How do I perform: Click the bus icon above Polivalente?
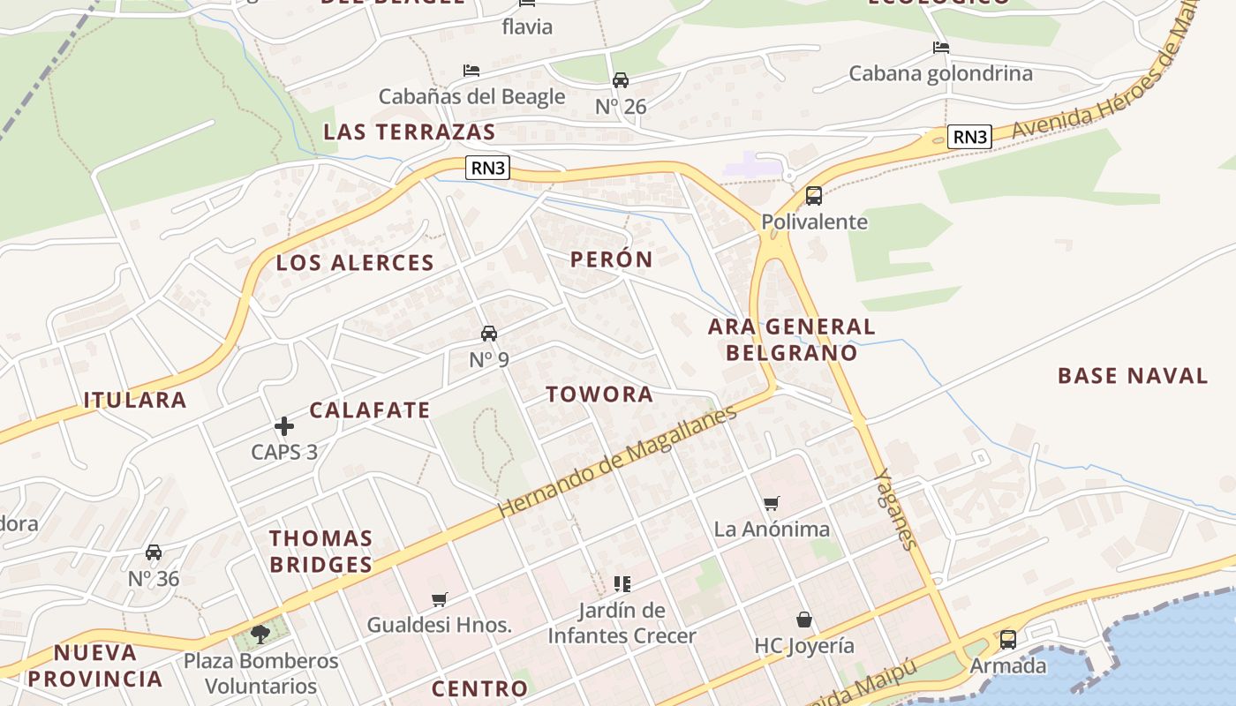(813, 196)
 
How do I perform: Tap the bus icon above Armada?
(1007, 640)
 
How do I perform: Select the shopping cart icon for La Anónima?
(772, 504)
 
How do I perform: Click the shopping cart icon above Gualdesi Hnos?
(440, 600)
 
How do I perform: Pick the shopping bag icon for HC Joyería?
(803, 620)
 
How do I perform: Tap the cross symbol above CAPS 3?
(284, 427)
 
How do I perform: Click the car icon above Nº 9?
(489, 334)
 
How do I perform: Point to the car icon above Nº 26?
(621, 80)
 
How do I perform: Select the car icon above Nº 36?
(154, 552)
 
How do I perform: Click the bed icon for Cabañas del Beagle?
(471, 71)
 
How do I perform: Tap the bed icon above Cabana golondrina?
(941, 48)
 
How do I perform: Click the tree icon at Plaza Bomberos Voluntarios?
(260, 634)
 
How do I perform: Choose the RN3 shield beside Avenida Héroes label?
(969, 137)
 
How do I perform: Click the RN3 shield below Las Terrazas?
(488, 167)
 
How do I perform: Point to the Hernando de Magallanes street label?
(616, 462)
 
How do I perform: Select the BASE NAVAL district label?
(1133, 376)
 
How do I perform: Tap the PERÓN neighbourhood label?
(611, 259)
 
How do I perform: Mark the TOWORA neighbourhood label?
(599, 394)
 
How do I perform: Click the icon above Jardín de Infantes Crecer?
(622, 584)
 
